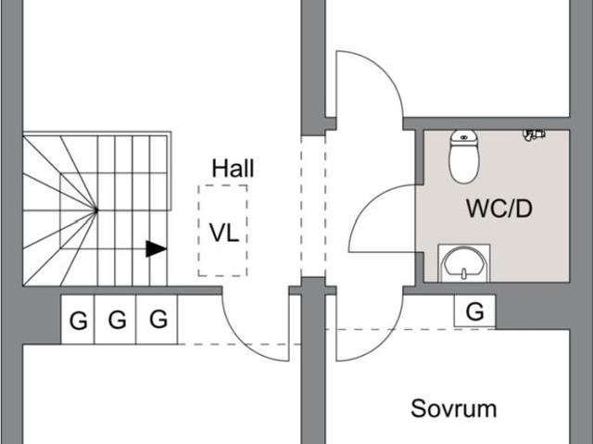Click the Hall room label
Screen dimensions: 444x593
[x=233, y=169]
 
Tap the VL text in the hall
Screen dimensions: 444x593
[x=223, y=232]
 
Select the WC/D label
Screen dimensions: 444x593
[x=498, y=209]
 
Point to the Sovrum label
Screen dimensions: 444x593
[x=454, y=408]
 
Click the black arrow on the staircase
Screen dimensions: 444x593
[x=156, y=248]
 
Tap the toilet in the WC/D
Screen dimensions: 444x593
[x=463, y=155]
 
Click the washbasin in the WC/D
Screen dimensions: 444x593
[x=463, y=262]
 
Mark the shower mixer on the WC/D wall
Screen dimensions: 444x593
[x=533, y=135]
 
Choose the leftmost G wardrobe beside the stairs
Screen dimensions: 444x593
[x=78, y=321]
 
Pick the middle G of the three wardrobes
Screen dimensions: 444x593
[x=117, y=321]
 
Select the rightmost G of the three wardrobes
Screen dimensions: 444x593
[x=158, y=320]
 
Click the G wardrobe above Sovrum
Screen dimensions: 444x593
[x=474, y=311]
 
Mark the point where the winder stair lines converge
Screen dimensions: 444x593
[x=96, y=210]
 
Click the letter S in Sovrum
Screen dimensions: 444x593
[x=418, y=408]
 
